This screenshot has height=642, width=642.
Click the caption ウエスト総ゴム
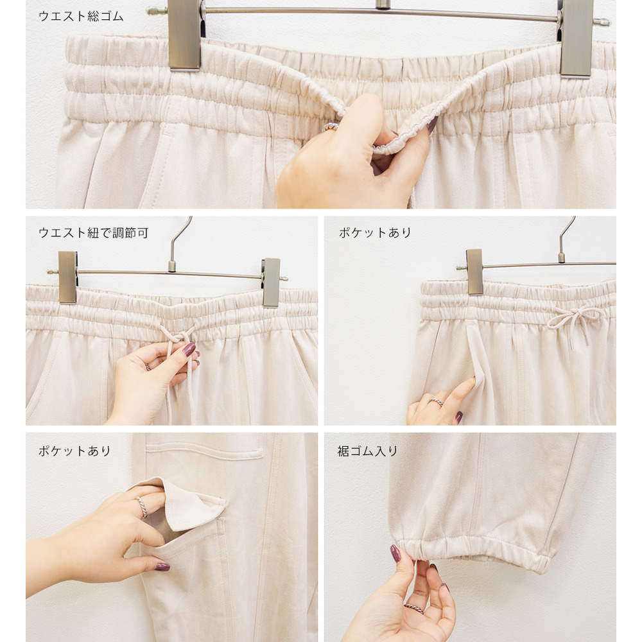pyautogui.click(x=81, y=16)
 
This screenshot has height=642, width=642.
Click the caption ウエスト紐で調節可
pyautogui.click(x=93, y=232)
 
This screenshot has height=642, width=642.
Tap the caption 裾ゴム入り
pyautogui.click(x=367, y=451)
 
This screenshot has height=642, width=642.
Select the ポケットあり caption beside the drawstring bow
pyautogui.click(x=375, y=232)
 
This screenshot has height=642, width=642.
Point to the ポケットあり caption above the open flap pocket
pyautogui.click(x=74, y=451)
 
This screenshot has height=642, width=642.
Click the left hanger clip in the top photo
pyautogui.click(x=184, y=35)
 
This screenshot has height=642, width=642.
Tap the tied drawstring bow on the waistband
pyautogui.click(x=575, y=321)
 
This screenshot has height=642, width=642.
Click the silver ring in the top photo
pyautogui.click(x=330, y=127)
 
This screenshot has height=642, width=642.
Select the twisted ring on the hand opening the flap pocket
pyautogui.click(x=142, y=507)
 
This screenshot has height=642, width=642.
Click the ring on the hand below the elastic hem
pyautogui.click(x=414, y=609)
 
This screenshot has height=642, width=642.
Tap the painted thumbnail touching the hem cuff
pyautogui.click(x=395, y=553)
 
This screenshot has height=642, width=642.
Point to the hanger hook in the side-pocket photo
pyautogui.click(x=566, y=239)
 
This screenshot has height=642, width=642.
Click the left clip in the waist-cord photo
pyautogui.click(x=67, y=277)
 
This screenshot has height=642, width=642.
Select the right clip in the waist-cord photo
pyautogui.click(x=271, y=282)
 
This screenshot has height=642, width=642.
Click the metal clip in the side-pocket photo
pyautogui.click(x=474, y=272)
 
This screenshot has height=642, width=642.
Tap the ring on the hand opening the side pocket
pyautogui.click(x=436, y=402)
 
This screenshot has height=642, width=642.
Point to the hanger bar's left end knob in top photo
pyautogui.click(x=153, y=10)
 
